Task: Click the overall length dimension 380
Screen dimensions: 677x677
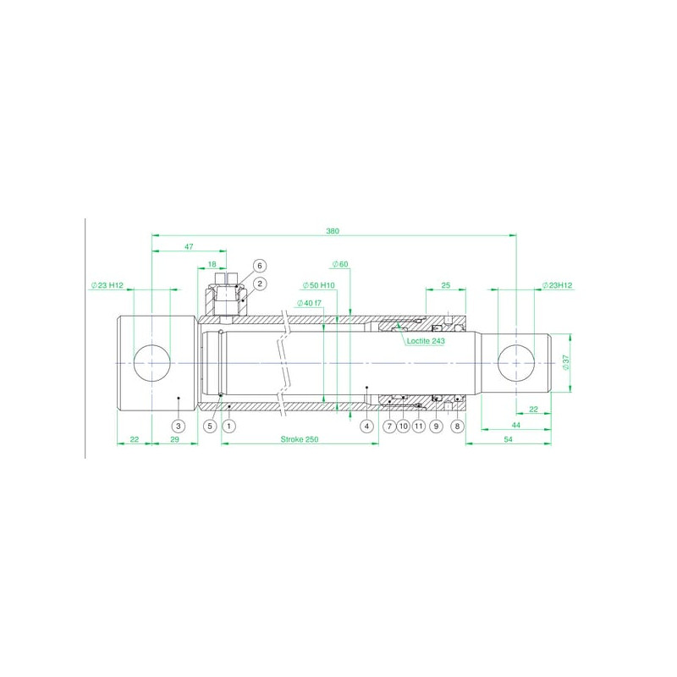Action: [333, 231]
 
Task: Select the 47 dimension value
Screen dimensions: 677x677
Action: [189, 246]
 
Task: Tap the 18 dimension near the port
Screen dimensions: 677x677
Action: [212, 264]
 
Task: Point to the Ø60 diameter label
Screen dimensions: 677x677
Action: [340, 264]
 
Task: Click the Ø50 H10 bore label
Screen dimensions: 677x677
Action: [319, 285]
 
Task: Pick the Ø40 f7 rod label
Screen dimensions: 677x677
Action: [309, 303]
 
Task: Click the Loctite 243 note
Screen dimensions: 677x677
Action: [426, 341]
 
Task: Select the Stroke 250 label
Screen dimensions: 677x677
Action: [300, 439]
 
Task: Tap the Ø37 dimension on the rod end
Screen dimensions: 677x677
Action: [566, 362]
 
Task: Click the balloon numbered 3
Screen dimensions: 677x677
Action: [179, 427]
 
